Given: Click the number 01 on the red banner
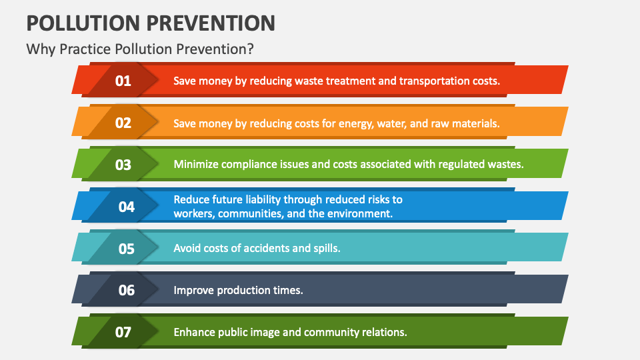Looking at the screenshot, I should (x=123, y=81).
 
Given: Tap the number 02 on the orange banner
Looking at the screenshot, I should (x=123, y=123).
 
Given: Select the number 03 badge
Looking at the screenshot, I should (x=123, y=165).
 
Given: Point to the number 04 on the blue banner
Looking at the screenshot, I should (x=127, y=207).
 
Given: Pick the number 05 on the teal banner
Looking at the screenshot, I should (x=127, y=249).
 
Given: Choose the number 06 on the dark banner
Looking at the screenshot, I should (x=127, y=290).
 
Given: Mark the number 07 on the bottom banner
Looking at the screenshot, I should (x=123, y=332).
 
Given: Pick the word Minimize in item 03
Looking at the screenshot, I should (x=196, y=165).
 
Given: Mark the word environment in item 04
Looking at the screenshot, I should (x=359, y=214).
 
